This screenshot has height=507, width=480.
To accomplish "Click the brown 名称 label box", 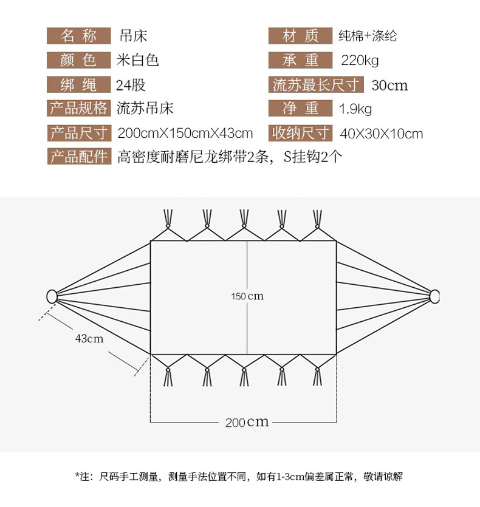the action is point(78,36).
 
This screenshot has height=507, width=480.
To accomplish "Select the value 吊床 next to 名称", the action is point(133,36).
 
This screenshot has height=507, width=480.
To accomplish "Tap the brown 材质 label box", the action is point(300,36).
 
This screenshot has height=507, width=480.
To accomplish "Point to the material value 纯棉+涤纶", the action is point(368,36).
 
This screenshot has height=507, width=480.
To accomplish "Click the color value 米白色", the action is point(137,60).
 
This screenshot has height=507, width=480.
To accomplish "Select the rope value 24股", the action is point(131,84).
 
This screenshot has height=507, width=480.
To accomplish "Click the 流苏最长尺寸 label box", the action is point(316,84).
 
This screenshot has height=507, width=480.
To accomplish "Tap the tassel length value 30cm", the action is point(389,85).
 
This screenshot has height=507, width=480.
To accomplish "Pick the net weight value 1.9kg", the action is point(355,109).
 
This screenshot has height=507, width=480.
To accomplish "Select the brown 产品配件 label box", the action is point(78,157).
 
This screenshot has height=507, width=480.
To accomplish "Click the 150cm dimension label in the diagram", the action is point(247,296).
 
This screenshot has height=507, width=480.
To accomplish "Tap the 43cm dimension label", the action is point(89,338).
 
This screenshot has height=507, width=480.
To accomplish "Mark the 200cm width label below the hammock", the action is point(247,422).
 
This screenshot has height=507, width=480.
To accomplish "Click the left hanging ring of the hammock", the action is point(52,296).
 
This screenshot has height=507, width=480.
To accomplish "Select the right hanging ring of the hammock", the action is point(434,296).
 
